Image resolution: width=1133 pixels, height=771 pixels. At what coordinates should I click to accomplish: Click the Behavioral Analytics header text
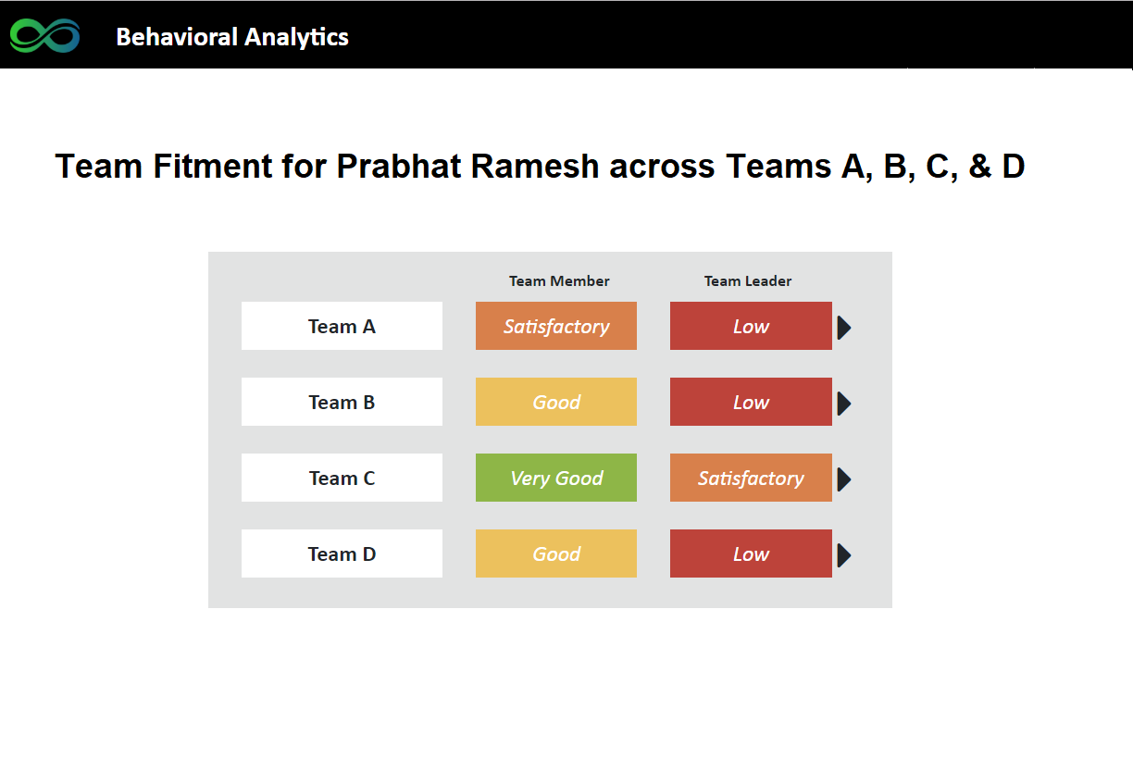tap(232, 37)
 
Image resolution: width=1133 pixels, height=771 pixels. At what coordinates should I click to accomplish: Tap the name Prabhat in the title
tap(399, 166)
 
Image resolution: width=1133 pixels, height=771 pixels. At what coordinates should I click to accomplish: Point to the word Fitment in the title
tap(213, 166)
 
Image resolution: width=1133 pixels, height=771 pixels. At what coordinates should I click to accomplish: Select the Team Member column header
tap(559, 280)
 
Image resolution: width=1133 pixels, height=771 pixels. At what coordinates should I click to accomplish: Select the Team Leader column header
tap(748, 280)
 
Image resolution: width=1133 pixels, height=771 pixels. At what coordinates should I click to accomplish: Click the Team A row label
tap(342, 326)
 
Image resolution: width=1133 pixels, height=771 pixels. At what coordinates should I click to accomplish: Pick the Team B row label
tap(342, 402)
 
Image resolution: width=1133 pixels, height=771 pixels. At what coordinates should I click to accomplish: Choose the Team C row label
tap(342, 478)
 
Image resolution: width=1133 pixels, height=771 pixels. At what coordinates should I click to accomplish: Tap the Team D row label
tap(342, 553)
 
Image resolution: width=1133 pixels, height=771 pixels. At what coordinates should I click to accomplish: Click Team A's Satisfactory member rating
tap(556, 326)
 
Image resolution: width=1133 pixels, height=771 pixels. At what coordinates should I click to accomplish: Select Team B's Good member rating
tap(556, 402)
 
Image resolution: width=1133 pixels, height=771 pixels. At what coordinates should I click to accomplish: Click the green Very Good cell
tap(556, 478)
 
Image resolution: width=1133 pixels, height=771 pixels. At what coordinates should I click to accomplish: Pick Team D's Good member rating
tap(556, 553)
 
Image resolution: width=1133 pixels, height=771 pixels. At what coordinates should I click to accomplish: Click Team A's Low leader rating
tap(751, 326)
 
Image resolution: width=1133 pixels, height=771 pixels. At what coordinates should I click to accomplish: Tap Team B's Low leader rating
tap(751, 402)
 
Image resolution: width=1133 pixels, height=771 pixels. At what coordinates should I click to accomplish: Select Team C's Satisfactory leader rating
tap(751, 478)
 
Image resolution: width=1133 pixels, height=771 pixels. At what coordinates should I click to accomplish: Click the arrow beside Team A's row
tap(843, 328)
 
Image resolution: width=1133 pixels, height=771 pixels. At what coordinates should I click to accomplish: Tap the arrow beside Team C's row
tap(843, 479)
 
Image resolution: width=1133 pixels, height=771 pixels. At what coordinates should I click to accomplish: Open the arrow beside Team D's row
tap(843, 555)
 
